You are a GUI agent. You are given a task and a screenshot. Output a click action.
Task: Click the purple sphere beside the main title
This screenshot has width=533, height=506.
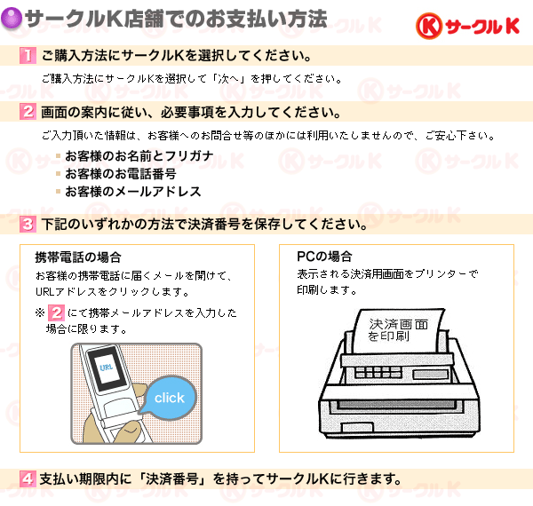pyautogui.click(x=12, y=19)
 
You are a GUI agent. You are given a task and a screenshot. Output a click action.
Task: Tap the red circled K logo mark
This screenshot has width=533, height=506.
pyautogui.click(x=429, y=26)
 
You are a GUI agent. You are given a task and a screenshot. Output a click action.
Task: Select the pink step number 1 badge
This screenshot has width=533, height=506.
pyautogui.click(x=28, y=55)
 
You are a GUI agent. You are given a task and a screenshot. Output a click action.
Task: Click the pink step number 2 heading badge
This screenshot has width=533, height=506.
pyautogui.click(x=28, y=111)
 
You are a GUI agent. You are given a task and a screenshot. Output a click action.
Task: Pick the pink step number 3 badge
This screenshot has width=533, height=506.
pyautogui.click(x=28, y=224)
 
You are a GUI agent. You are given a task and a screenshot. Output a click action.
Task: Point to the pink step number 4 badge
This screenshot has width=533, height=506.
pyautogui.click(x=28, y=478)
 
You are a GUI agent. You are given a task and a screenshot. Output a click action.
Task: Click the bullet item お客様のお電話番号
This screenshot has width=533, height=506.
pyautogui.click(x=120, y=174)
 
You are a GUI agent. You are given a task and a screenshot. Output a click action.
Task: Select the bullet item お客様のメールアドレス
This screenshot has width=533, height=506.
pyautogui.click(x=133, y=192)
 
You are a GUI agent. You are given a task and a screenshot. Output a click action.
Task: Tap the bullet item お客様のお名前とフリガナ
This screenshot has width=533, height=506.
pyautogui.click(x=139, y=156)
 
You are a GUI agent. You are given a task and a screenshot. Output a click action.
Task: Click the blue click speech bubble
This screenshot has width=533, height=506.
pyautogui.click(x=171, y=397)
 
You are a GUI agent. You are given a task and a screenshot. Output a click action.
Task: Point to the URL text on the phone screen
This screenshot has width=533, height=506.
pyautogui.click(x=107, y=367)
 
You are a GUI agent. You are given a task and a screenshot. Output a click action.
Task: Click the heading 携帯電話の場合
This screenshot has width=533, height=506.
pyautogui.click(x=78, y=257)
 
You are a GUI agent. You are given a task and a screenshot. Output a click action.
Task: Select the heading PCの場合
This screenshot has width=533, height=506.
pyautogui.click(x=324, y=256)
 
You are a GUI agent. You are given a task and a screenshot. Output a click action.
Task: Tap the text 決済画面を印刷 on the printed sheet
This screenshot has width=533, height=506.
pyautogui.click(x=398, y=330)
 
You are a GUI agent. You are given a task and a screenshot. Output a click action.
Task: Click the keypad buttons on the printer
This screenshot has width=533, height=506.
pyautogui.click(x=378, y=372)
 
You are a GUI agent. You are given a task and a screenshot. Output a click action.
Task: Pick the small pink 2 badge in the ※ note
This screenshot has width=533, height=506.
pyautogui.click(x=56, y=312)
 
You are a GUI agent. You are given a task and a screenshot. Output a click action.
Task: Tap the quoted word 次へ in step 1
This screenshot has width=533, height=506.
pyautogui.click(x=229, y=79)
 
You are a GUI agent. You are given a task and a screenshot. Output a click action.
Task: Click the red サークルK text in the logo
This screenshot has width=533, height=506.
pyautogui.click(x=482, y=26)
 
